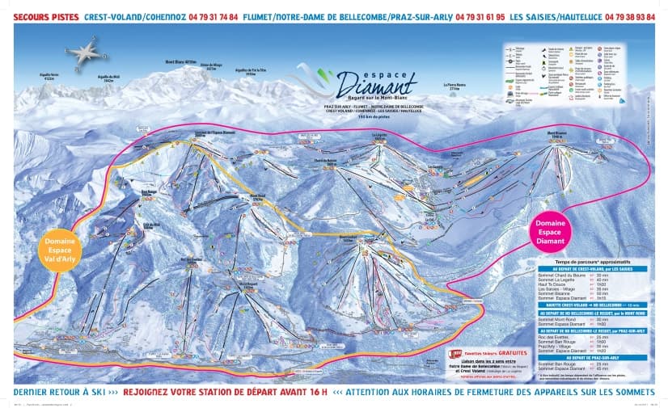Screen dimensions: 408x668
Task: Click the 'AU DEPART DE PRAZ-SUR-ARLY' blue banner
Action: [586, 356]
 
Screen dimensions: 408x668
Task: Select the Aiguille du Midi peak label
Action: [108, 78]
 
